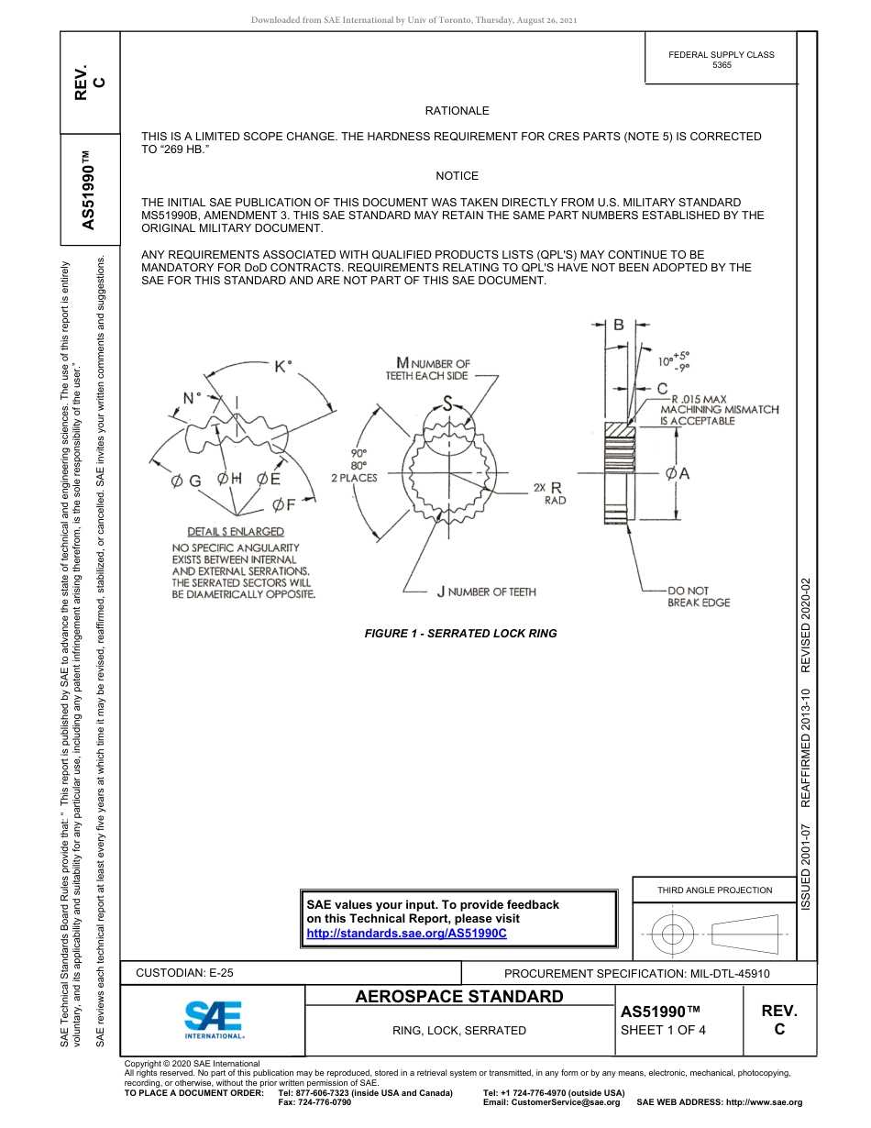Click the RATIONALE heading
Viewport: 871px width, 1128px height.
click(x=457, y=111)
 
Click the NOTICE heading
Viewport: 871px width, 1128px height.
click(x=457, y=176)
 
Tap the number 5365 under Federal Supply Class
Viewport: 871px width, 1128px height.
click(x=722, y=66)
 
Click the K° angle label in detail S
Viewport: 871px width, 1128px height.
click(x=283, y=366)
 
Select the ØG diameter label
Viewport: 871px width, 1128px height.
click(x=186, y=481)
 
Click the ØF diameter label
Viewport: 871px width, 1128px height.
click(x=284, y=504)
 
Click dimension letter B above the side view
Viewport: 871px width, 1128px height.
click(x=619, y=325)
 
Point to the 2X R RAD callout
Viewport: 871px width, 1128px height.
click(x=549, y=493)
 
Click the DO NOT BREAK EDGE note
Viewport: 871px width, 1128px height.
click(x=699, y=597)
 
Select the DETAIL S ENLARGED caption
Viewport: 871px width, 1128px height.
click(x=236, y=532)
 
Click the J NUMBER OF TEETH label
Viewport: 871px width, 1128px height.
click(x=486, y=592)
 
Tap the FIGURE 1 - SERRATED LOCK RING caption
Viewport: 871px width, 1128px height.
click(x=460, y=634)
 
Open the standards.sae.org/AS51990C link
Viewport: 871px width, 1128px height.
click(x=406, y=933)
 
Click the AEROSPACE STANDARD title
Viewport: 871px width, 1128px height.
click(x=459, y=997)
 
